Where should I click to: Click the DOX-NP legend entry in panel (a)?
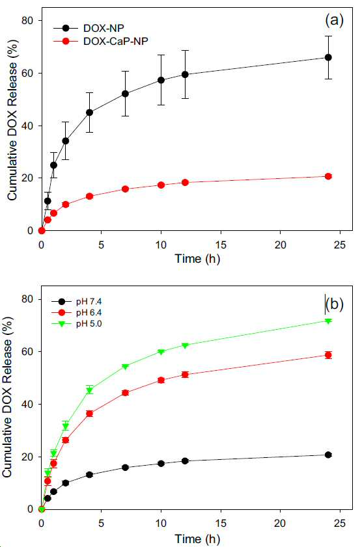89,28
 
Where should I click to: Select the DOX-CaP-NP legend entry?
100,41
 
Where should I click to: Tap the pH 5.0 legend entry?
77,324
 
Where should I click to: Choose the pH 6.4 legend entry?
77,313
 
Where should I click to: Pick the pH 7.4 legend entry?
77,301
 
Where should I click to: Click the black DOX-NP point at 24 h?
328,57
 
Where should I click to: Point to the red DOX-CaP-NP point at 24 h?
328,176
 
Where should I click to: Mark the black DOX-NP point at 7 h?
125,94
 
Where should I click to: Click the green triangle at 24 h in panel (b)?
328,321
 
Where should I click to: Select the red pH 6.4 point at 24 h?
328,355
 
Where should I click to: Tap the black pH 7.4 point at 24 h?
328,455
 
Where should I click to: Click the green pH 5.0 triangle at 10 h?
161,352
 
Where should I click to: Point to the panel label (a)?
334,21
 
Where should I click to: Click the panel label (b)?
334,304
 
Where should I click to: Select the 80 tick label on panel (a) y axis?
27,21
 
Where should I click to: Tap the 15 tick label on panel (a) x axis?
221,245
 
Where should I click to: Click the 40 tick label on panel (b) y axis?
27,404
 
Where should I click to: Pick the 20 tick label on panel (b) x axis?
281,524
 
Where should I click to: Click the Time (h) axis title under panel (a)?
198,259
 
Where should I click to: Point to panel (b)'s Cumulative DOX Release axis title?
7,397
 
